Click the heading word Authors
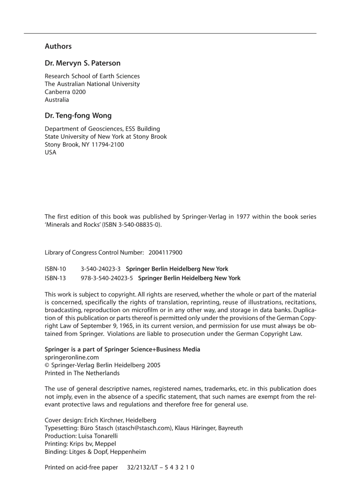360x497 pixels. [x=58, y=46]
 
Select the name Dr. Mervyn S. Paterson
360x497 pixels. [x=83, y=63]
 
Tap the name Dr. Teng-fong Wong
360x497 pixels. [x=78, y=116]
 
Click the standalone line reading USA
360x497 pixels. [x=50, y=152]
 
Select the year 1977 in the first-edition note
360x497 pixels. [x=243, y=217]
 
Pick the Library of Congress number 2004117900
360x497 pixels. [x=165, y=252]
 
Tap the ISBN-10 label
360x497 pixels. [x=55, y=269]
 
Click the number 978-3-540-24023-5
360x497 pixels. [x=107, y=278]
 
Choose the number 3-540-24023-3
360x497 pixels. [x=100, y=269]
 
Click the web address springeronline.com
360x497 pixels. [x=72, y=357]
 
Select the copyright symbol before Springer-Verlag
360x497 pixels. [x=47, y=365]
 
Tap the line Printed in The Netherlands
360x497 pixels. [x=82, y=373]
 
